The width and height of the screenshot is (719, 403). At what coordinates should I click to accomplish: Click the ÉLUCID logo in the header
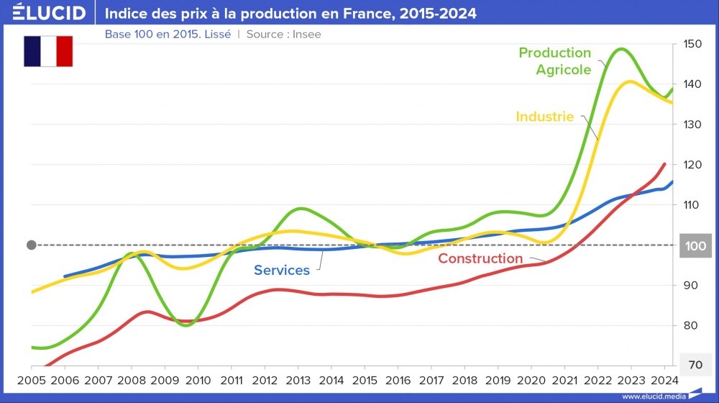pyautogui.click(x=49, y=13)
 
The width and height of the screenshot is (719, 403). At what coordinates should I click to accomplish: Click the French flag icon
pyautogui.click(x=48, y=51)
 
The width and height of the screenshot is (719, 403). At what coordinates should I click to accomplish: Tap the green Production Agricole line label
pyautogui.click(x=554, y=61)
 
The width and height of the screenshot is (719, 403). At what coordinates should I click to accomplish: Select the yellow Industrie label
pyautogui.click(x=544, y=117)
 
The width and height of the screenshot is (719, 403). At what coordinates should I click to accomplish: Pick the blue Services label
pyautogui.click(x=282, y=271)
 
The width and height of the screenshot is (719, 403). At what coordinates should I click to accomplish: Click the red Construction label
pyautogui.click(x=480, y=258)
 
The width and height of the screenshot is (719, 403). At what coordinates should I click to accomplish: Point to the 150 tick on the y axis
pyautogui.click(x=693, y=44)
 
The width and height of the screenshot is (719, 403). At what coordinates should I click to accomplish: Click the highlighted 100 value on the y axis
pyautogui.click(x=695, y=245)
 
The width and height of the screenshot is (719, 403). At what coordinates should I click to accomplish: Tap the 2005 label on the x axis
pyautogui.click(x=30, y=380)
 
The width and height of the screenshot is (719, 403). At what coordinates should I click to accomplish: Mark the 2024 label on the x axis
pyautogui.click(x=664, y=380)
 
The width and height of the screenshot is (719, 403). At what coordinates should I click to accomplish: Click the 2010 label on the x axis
pyautogui.click(x=197, y=380)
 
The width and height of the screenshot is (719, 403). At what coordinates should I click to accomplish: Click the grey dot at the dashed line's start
pyautogui.click(x=31, y=245)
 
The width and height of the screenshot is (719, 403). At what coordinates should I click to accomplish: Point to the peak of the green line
pyautogui.click(x=620, y=49)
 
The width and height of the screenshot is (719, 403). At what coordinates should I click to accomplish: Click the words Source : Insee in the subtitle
pyautogui.click(x=284, y=34)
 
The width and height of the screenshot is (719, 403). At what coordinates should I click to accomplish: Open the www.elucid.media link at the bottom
pyautogui.click(x=653, y=397)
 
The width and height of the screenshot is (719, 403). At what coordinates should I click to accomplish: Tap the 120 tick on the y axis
pyautogui.click(x=693, y=165)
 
